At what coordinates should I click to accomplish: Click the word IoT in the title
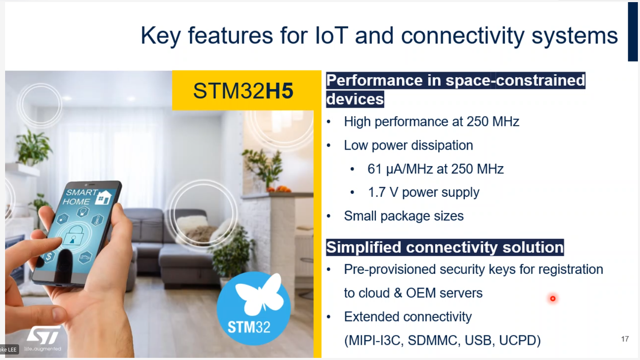pos(331,36)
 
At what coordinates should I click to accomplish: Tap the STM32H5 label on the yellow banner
pos(243,91)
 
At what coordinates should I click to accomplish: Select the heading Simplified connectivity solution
pos(445,248)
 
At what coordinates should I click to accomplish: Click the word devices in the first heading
pos(355,99)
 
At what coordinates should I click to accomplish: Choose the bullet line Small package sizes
pos(404,216)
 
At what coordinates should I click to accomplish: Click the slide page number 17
pos(625,339)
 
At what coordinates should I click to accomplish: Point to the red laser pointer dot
pos(553,299)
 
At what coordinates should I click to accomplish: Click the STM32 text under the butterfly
pos(249,327)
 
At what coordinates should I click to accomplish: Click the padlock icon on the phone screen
pos(73,236)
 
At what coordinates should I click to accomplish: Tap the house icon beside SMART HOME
pos(103,197)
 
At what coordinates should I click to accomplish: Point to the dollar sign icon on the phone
pos(49,256)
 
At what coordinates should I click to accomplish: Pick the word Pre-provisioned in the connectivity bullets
pos(390,269)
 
